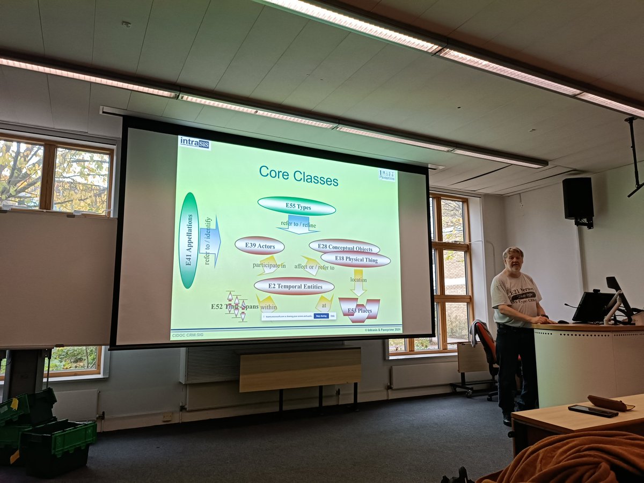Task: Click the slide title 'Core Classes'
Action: (x=298, y=175)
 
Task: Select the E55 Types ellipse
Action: (x=296, y=206)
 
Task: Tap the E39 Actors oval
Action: (x=259, y=245)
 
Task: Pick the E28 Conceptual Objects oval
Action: (x=344, y=247)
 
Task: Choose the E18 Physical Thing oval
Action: (x=355, y=260)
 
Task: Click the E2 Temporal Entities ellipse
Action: (x=294, y=286)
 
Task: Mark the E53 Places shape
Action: (x=359, y=310)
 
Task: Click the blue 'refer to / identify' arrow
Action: (x=210, y=241)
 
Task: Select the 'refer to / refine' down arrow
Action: (x=298, y=223)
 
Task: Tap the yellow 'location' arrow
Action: (x=358, y=282)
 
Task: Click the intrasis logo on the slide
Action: (x=194, y=143)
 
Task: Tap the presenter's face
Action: (x=513, y=261)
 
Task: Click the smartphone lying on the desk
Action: (x=593, y=411)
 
